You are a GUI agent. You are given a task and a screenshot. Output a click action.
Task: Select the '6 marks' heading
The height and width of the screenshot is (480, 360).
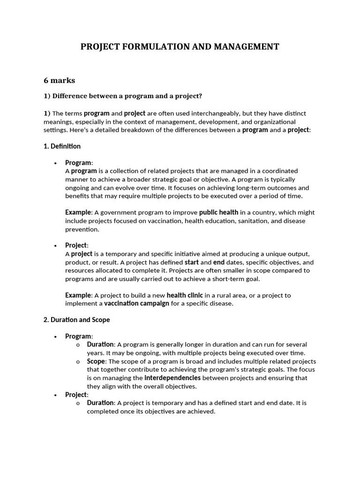[x=59, y=80]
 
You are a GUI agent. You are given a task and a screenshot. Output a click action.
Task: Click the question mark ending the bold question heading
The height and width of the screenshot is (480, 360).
[x=201, y=96]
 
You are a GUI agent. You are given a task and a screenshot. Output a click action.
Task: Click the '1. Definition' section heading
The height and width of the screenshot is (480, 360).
[x=62, y=146]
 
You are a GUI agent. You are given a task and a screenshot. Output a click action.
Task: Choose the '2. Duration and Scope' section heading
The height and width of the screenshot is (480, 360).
[x=76, y=320]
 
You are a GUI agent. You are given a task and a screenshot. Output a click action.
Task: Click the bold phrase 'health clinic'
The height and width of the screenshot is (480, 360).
[x=185, y=295]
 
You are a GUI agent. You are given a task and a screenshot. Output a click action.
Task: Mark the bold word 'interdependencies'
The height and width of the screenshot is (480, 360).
[x=172, y=378]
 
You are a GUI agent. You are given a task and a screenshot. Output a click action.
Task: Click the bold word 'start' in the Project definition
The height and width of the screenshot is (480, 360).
[x=191, y=262]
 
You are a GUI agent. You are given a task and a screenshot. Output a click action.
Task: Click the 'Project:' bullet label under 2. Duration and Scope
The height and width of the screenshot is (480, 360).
[x=76, y=395]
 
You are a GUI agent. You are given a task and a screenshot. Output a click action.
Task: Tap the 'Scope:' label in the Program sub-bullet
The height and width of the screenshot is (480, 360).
[x=97, y=361]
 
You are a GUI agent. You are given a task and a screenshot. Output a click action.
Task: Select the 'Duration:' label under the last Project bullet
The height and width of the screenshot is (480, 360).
[x=101, y=403]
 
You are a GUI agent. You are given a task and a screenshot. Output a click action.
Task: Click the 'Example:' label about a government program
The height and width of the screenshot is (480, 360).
[x=78, y=212]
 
